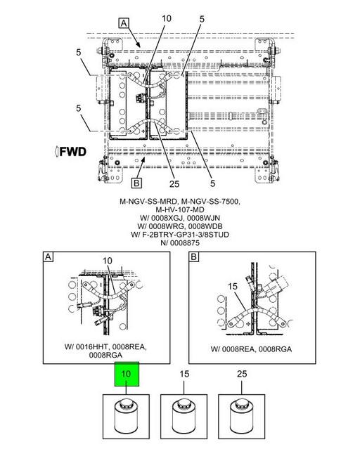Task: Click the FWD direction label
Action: [70, 152]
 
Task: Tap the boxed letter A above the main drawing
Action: [124, 23]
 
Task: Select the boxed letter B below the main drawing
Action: [136, 183]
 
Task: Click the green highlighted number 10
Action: [127, 374]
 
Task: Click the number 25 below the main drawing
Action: [174, 184]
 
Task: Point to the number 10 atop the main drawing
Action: [167, 18]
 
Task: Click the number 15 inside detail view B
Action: [233, 286]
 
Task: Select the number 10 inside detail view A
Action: [108, 261]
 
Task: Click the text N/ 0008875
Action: [180, 243]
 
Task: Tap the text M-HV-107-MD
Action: [180, 209]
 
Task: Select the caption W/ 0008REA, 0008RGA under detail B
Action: [251, 349]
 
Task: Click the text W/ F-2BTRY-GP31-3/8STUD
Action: [180, 235]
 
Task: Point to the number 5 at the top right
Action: [202, 19]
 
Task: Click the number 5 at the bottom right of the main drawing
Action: [212, 183]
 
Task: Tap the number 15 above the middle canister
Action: [184, 374]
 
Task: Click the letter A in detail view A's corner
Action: [48, 257]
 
